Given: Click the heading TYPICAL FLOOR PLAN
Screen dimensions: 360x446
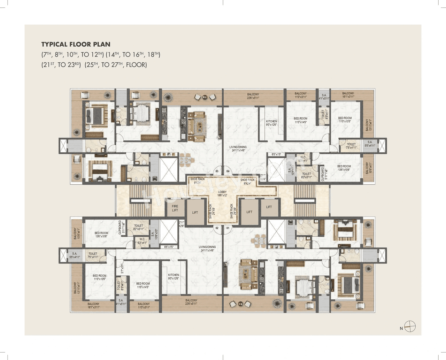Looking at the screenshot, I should coord(76,44).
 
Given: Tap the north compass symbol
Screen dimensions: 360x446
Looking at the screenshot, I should coord(410,327).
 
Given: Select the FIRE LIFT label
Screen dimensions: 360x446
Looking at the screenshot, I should coord(175,208).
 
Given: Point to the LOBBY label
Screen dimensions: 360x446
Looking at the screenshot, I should coord(222,192).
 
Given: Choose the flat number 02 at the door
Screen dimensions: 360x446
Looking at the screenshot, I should coord(217,228).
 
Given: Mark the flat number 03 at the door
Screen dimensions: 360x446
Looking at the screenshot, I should coord(217,171).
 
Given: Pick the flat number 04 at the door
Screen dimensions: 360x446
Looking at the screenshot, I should coord(228,171).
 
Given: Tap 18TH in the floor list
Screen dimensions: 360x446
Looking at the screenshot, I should coord(154,55).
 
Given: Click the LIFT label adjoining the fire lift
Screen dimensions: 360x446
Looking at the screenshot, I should coord(195,213).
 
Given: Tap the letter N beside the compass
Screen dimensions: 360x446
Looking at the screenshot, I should coord(401,328).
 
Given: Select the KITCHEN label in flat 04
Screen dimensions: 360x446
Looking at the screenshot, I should coord(271,121).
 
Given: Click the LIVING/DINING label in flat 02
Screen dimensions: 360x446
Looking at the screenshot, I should coord(207,247).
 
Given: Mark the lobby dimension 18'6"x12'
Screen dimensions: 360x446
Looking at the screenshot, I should coord(222,196).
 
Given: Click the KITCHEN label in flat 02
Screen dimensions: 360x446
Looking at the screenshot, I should coord(173,275).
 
